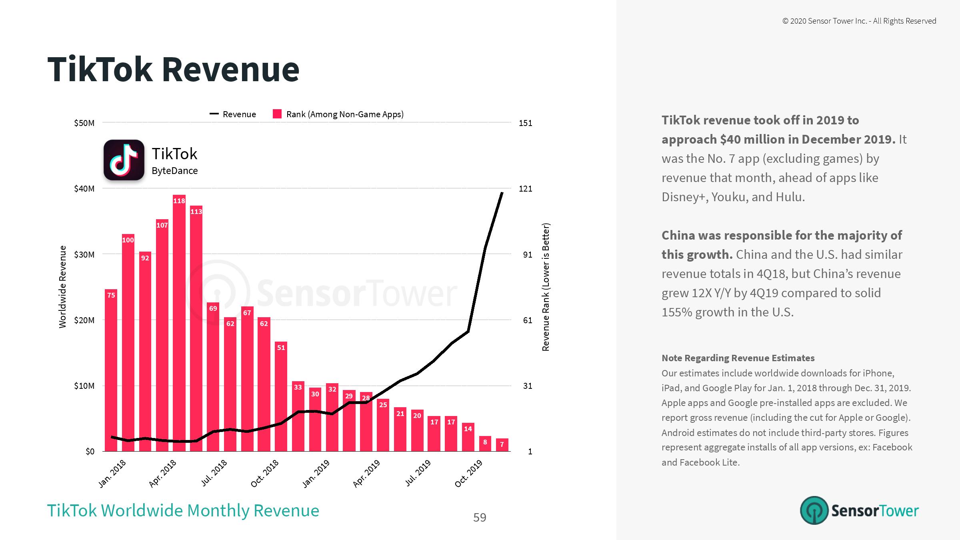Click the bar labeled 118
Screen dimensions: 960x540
179,323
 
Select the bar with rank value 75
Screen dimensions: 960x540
111,370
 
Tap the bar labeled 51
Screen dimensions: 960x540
281,396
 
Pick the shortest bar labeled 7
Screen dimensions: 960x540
502,445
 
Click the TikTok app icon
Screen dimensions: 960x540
124,160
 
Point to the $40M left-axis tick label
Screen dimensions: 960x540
84,189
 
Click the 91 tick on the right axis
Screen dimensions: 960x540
525,255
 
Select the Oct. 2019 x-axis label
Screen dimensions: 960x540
469,474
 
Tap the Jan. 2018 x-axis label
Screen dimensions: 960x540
112,474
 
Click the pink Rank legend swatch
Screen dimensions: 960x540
277,114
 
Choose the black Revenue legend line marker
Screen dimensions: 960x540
214,114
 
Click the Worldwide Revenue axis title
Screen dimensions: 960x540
63,287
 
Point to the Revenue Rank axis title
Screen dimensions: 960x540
546,287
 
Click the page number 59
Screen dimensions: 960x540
480,518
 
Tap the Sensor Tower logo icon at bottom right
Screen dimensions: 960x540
814,510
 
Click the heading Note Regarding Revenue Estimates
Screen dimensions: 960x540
738,358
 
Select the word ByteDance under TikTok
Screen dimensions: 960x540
175,171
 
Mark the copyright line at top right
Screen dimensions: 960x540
859,21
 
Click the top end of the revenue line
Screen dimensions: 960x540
502,193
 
